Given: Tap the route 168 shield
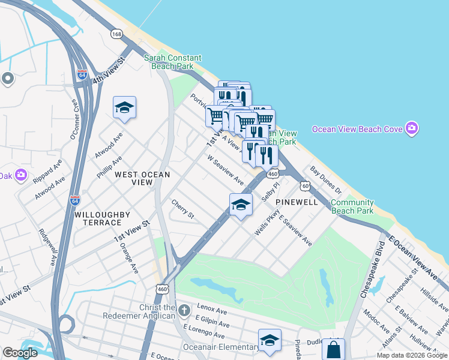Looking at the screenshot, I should (116, 34).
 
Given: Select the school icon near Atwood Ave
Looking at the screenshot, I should (124, 108).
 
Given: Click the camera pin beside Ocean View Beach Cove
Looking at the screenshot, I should (411, 128).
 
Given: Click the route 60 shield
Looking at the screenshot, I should (306, 186).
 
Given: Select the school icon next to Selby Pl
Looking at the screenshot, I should (240, 205).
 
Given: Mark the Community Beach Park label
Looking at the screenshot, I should (352, 206).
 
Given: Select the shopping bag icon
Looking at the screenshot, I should (334, 350).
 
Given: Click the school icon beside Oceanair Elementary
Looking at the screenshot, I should (270, 340).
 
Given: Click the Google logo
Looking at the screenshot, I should (20, 353).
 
